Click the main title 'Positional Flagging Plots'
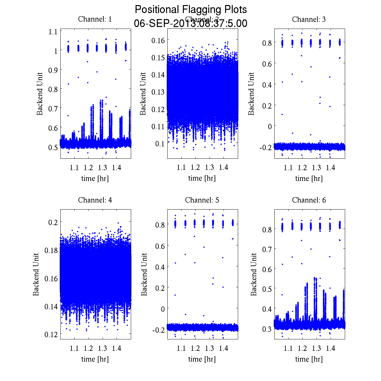190,10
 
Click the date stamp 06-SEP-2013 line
190,23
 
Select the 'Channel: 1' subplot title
95,19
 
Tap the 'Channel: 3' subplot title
309,19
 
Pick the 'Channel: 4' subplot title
95,200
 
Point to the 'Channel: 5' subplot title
202,200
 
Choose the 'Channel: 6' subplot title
309,200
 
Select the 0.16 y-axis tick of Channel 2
158,40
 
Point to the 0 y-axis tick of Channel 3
270,126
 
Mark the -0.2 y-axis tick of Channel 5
158,330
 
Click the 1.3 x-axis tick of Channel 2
209,168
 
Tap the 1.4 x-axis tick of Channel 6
331,349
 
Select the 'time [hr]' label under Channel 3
309,178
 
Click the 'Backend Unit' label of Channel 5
144,274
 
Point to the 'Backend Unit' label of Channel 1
40,94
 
